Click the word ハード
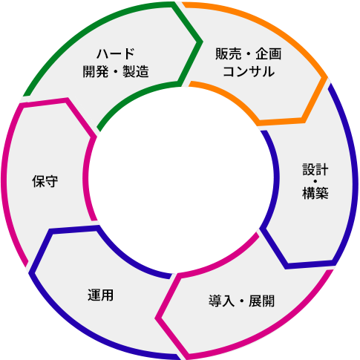pyautogui.click(x=116, y=53)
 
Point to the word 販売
pyautogui.click(x=228, y=53)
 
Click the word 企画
pyautogui.click(x=269, y=53)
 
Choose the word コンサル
pyautogui.click(x=249, y=71)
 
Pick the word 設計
pyautogui.click(x=315, y=169)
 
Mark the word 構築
pyautogui.click(x=315, y=193)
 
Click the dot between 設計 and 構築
pyautogui.click(x=315, y=181)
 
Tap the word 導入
pyautogui.click(x=221, y=301)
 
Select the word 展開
pyautogui.click(x=261, y=301)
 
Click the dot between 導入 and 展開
pyautogui.click(x=241, y=301)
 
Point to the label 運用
pyautogui.click(x=101, y=295)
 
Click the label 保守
pyautogui.click(x=45, y=181)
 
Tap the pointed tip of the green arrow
pyautogui.click(x=203, y=42)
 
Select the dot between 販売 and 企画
pyautogui.click(x=249, y=53)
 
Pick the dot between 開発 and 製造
pyautogui.click(x=116, y=71)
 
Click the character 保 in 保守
pyautogui.click(x=39, y=181)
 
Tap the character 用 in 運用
pyautogui.click(x=108, y=295)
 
